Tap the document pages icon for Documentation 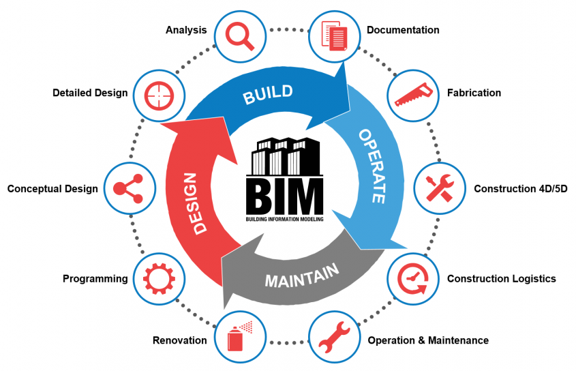coord(335,34)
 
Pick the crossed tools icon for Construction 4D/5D coord(441,188)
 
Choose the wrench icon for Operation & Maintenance coord(335,339)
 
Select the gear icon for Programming coord(155,279)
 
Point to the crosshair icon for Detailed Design coord(155,94)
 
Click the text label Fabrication coord(474,93)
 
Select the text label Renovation coord(179,340)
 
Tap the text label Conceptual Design coord(52,189)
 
